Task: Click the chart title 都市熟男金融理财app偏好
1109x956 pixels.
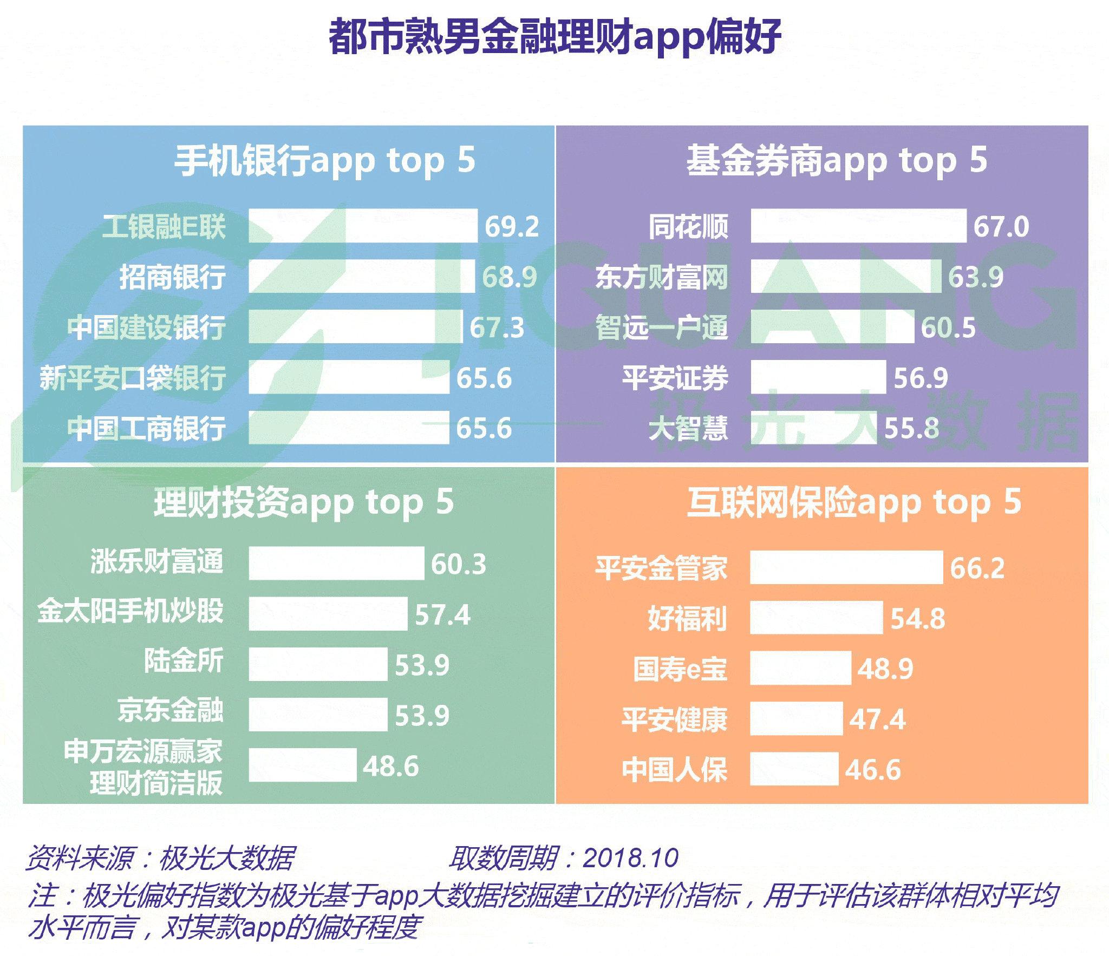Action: pyautogui.click(x=554, y=37)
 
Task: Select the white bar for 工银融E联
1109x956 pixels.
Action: pyautogui.click(x=363, y=226)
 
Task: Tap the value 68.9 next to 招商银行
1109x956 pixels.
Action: pyautogui.click(x=510, y=277)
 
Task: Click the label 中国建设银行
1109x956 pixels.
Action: pyautogui.click(x=147, y=327)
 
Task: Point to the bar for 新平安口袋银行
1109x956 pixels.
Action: pyautogui.click(x=349, y=377)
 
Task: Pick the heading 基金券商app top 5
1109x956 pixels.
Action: pyautogui.click(x=837, y=161)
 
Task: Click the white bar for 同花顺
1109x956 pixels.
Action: pyautogui.click(x=858, y=226)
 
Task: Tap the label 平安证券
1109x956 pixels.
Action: pyautogui.click(x=675, y=377)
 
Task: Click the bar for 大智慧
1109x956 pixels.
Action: pyautogui.click(x=813, y=428)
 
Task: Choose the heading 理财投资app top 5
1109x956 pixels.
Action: pyautogui.click(x=304, y=503)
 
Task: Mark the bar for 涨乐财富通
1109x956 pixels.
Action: pyautogui.click(x=336, y=563)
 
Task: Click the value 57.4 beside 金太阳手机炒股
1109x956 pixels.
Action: pyautogui.click(x=443, y=614)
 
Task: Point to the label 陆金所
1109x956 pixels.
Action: pyautogui.click(x=184, y=662)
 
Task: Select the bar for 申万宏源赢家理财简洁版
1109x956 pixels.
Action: pyautogui.click(x=303, y=765)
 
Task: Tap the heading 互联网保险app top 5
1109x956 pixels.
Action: pyautogui.click(x=854, y=503)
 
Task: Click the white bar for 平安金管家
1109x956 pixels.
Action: pyautogui.click(x=846, y=567)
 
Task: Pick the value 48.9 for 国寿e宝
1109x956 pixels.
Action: pyautogui.click(x=885, y=669)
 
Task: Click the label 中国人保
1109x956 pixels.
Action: pyautogui.click(x=675, y=770)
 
